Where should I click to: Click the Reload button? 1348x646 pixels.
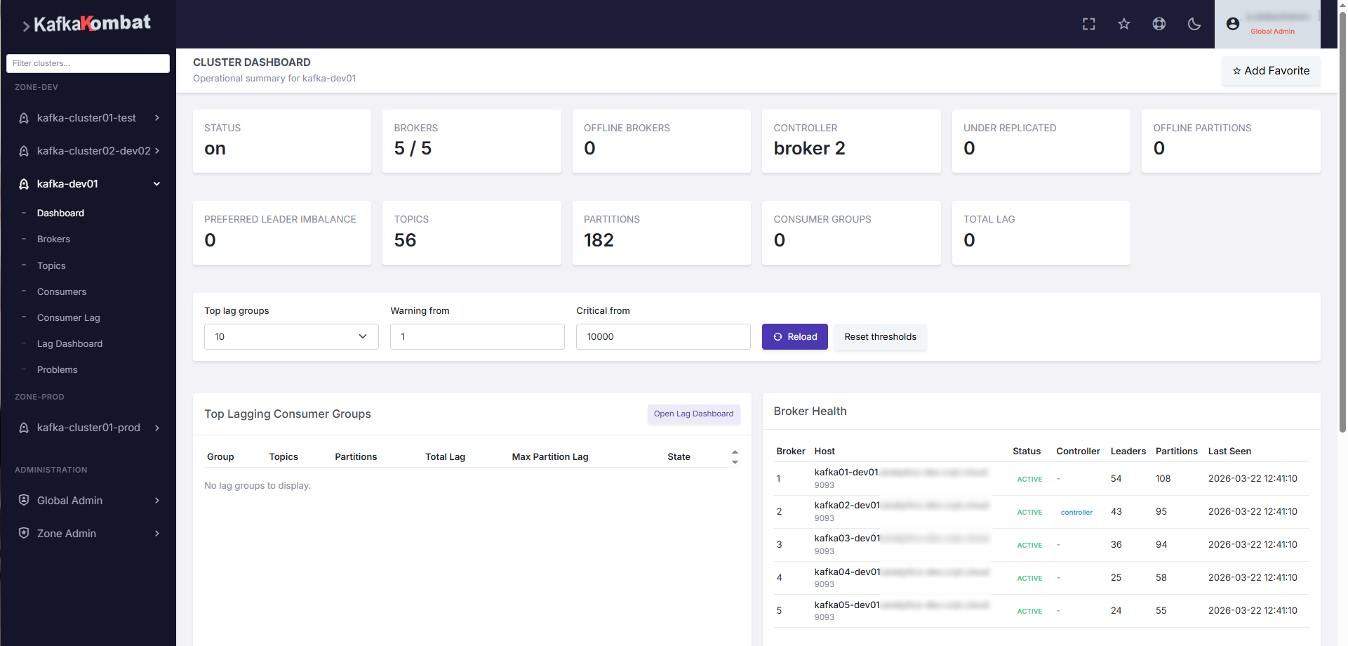pos(794,337)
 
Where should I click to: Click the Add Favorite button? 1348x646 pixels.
pos(1271,71)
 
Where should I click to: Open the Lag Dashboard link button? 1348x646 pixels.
pos(693,414)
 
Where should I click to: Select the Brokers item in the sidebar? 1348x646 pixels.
pos(53,239)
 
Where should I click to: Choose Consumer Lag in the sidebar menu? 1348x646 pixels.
pos(68,318)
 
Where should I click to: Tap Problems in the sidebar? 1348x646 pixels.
pos(57,370)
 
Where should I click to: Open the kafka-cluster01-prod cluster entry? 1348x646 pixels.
pos(88,428)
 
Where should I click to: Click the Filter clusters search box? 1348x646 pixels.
pos(88,63)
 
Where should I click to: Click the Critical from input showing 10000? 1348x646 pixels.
pos(663,337)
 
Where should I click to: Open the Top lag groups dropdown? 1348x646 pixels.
pos(291,337)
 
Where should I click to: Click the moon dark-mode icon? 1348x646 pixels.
pos(1194,24)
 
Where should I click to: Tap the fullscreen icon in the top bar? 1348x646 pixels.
pos(1088,24)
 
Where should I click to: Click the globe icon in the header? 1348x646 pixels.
pos(1159,24)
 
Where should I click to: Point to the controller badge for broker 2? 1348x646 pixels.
pos(1076,513)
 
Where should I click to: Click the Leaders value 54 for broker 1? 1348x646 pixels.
pos(1116,479)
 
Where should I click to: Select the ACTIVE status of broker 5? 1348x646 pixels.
pos(1029,612)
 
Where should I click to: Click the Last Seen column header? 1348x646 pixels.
pos(1229,451)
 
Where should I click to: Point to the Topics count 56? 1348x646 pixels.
pos(405,240)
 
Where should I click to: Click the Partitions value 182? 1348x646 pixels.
pos(599,240)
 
